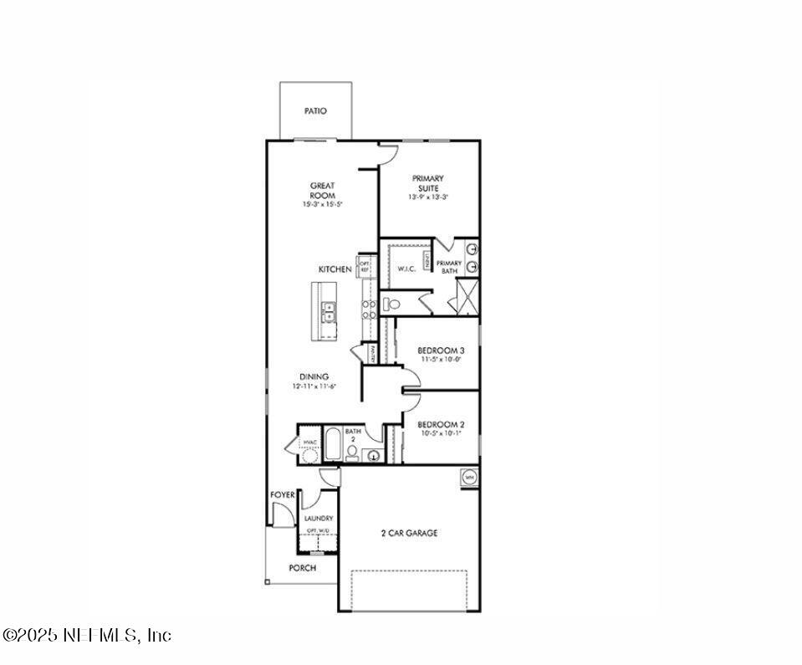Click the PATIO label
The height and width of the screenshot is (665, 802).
pyautogui.click(x=315, y=110)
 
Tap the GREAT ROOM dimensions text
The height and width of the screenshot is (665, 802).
pyautogui.click(x=323, y=204)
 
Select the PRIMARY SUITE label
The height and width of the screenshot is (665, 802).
pyautogui.click(x=427, y=183)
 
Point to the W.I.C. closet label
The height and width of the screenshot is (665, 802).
pyautogui.click(x=406, y=269)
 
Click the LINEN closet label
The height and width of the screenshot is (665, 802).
pyautogui.click(x=427, y=261)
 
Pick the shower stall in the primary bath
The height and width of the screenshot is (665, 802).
pyautogui.click(x=465, y=296)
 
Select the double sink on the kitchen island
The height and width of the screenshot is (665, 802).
pyautogui.click(x=329, y=312)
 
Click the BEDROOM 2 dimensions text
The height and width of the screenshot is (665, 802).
pyautogui.click(x=440, y=435)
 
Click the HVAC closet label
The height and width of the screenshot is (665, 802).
pyautogui.click(x=309, y=442)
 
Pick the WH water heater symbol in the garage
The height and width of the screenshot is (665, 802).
pyautogui.click(x=468, y=477)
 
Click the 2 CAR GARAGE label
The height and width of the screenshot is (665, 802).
pyautogui.click(x=410, y=533)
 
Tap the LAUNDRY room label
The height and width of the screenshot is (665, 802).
pyautogui.click(x=318, y=519)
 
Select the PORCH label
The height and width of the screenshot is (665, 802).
pyautogui.click(x=303, y=568)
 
